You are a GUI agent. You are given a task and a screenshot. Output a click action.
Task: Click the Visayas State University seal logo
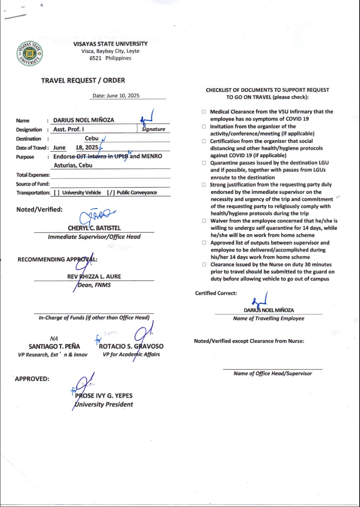click(30, 53)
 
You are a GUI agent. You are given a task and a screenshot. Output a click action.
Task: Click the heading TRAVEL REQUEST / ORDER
click(83, 80)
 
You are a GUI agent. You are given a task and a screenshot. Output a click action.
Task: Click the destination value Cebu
click(92, 138)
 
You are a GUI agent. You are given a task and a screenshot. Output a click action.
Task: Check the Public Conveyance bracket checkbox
click(111, 193)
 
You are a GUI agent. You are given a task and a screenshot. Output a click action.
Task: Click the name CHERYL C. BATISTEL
click(94, 228)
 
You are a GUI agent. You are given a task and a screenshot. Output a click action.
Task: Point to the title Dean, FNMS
click(94, 285)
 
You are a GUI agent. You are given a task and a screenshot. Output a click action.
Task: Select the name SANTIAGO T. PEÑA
click(54, 346)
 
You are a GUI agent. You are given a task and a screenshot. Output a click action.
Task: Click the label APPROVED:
click(32, 379)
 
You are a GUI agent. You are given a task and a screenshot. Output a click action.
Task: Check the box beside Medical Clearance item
click(204, 112)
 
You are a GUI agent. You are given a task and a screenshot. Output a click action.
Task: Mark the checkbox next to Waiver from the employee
click(204, 221)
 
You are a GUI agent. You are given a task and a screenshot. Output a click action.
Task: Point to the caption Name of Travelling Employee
click(269, 319)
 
